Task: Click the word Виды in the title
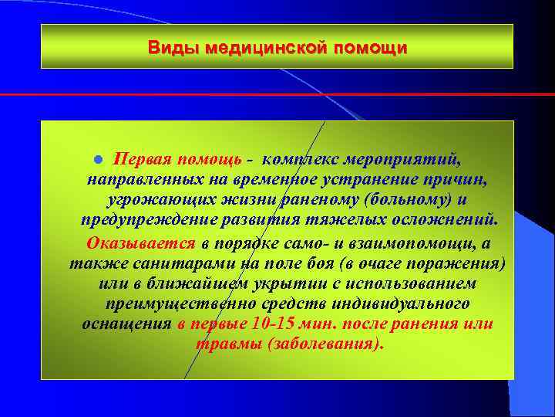pyautogui.click(x=169, y=48)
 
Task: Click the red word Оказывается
pyautogui.click(x=141, y=243)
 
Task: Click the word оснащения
pyautogui.click(x=126, y=324)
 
